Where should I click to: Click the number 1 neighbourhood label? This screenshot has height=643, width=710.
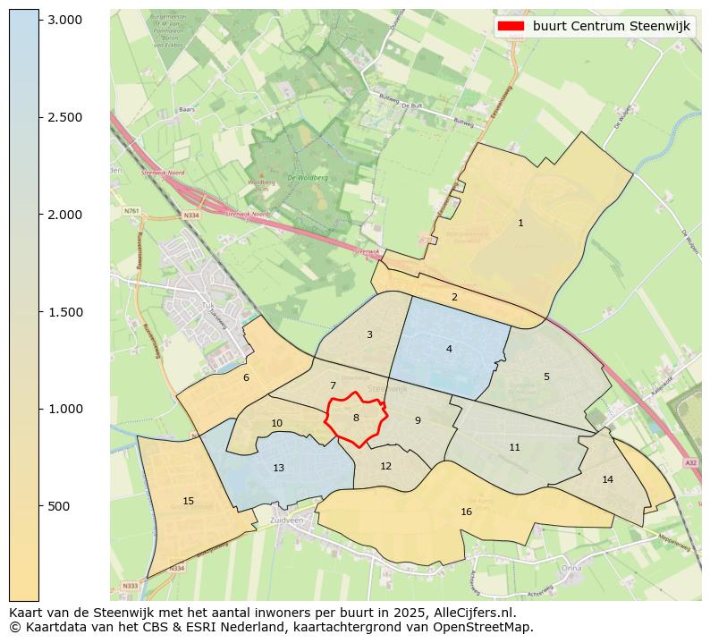tap(520, 224)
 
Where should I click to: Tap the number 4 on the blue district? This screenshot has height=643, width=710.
tap(449, 349)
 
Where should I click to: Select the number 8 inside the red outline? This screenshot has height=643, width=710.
tap(356, 418)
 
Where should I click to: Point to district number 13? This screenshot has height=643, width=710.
tap(279, 468)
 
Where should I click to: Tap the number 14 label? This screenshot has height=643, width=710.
tap(608, 480)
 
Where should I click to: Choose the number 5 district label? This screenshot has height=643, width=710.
tap(546, 376)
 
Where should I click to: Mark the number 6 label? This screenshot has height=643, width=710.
tap(246, 377)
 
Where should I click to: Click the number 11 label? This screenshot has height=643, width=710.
tap(514, 447)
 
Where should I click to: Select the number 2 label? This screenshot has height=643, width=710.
tap(454, 297)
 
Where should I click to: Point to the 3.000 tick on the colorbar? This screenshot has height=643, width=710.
tap(64, 20)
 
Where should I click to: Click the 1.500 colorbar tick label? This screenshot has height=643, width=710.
tap(64, 312)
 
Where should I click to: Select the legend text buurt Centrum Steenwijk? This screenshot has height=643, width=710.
tap(611, 26)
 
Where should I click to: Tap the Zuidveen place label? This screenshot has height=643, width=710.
tap(287, 519)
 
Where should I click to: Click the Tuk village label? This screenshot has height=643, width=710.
tap(208, 304)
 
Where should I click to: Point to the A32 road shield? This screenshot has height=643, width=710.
tap(689, 462)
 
